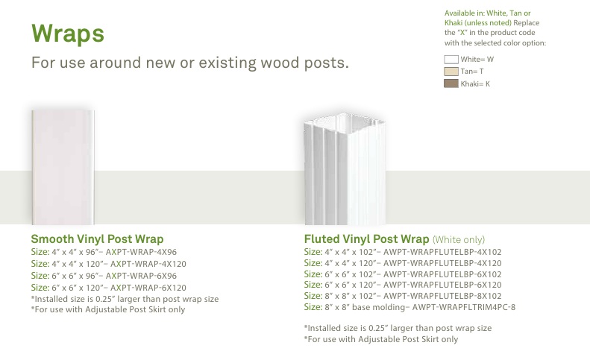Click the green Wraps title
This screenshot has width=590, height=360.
tap(68, 34)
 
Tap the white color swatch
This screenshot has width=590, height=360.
tap(451, 60)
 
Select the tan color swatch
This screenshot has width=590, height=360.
tap(451, 72)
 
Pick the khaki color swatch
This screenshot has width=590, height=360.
tap(451, 83)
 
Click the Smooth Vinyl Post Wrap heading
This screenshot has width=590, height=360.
tap(97, 239)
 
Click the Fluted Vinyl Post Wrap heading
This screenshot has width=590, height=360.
tap(366, 239)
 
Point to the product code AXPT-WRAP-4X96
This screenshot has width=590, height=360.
tap(141, 252)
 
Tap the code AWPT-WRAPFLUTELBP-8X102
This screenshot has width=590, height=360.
tap(442, 296)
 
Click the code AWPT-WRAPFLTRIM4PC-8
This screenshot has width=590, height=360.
tap(464, 307)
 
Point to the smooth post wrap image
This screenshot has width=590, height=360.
tap(63, 168)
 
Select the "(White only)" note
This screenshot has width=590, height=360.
tap(459, 239)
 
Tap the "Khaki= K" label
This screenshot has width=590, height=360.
tap(475, 84)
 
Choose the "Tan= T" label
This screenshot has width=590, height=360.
tap(472, 72)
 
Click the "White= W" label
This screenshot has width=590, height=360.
tap(477, 60)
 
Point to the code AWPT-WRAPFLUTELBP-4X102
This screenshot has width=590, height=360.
tap(442, 252)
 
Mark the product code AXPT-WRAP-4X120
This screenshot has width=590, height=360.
tap(148, 264)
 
